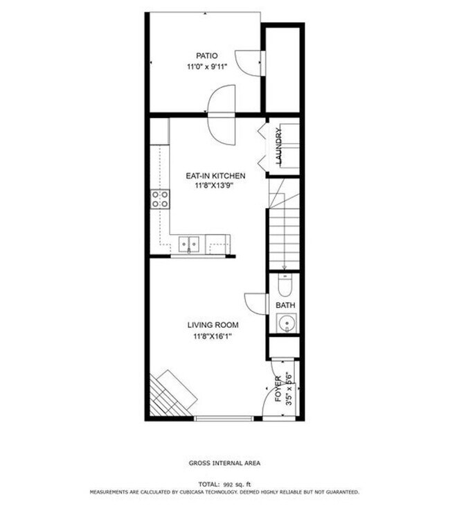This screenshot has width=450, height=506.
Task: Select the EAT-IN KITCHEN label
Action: coord(215,176)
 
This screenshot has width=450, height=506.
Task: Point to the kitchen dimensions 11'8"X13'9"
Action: coord(215,187)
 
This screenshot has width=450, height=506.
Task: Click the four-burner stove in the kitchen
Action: coord(161,200)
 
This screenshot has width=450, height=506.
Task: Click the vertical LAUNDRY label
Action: coord(280,146)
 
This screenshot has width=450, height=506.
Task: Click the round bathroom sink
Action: coord(285,322)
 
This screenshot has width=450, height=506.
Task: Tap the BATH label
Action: coord(285,304)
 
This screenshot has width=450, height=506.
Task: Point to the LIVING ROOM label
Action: coord(213,325)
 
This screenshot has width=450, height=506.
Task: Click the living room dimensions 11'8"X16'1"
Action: coord(213,337)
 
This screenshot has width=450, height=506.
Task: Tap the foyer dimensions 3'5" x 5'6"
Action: coord(289,389)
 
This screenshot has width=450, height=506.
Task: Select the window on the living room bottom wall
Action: coord(223,418)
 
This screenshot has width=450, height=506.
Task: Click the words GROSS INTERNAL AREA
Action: coord(224,463)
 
